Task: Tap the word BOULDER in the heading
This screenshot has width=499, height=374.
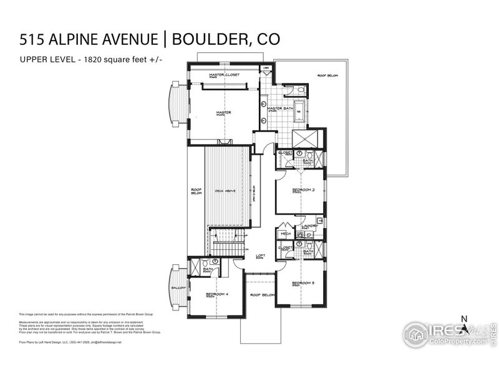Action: [x=201, y=39]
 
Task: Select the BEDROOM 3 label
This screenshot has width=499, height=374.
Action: [x=304, y=284]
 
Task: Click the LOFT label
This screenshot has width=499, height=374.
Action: [x=261, y=255]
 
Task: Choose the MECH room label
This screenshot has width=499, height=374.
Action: [x=285, y=234]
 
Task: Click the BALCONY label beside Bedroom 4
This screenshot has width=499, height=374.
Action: [x=178, y=288]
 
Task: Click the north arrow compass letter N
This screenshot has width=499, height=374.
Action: [x=463, y=319]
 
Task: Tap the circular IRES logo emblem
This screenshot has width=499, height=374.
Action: [x=415, y=335]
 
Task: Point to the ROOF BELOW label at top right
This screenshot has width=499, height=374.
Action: [x=326, y=75]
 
